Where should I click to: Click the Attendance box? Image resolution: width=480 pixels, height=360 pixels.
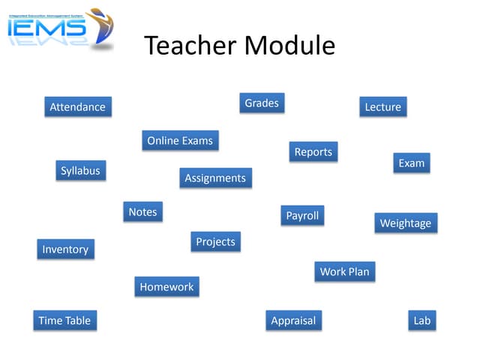[77, 107]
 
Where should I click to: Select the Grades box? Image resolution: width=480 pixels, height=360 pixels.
[262, 103]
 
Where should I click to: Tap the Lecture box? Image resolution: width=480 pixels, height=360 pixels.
[382, 107]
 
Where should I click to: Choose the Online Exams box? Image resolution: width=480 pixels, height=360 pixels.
[180, 141]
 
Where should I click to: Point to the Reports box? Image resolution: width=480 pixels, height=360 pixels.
[313, 152]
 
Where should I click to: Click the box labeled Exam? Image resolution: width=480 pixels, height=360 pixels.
[411, 163]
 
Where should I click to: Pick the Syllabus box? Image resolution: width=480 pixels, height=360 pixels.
[80, 171]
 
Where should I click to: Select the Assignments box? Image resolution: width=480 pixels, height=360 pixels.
[215, 178]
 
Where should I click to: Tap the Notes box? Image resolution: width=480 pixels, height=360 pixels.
[142, 212]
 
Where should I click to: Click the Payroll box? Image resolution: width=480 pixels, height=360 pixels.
[302, 216]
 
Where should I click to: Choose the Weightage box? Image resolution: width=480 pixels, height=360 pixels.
[405, 223]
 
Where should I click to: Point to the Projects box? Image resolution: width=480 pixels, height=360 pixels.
[215, 242]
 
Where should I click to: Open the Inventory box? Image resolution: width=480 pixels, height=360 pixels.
[65, 250]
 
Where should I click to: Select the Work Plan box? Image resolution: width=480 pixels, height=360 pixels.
[344, 272]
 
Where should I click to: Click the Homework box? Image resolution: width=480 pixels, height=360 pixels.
[166, 287]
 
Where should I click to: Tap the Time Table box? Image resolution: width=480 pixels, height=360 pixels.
[64, 321]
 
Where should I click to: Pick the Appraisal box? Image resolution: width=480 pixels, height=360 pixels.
[293, 321]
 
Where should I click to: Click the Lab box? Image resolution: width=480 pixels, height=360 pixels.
[422, 321]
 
